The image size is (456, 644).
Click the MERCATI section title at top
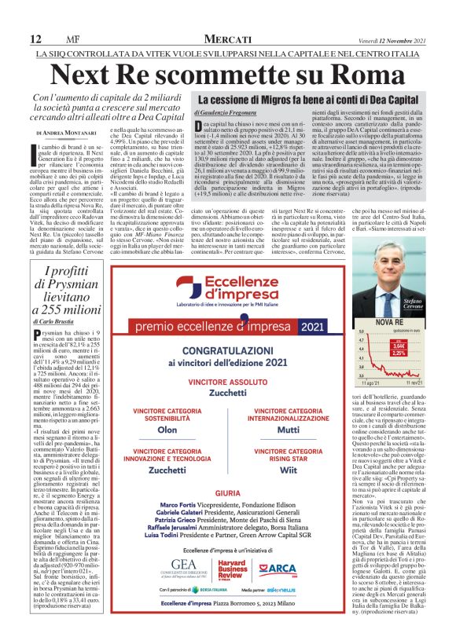tap(227, 39)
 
